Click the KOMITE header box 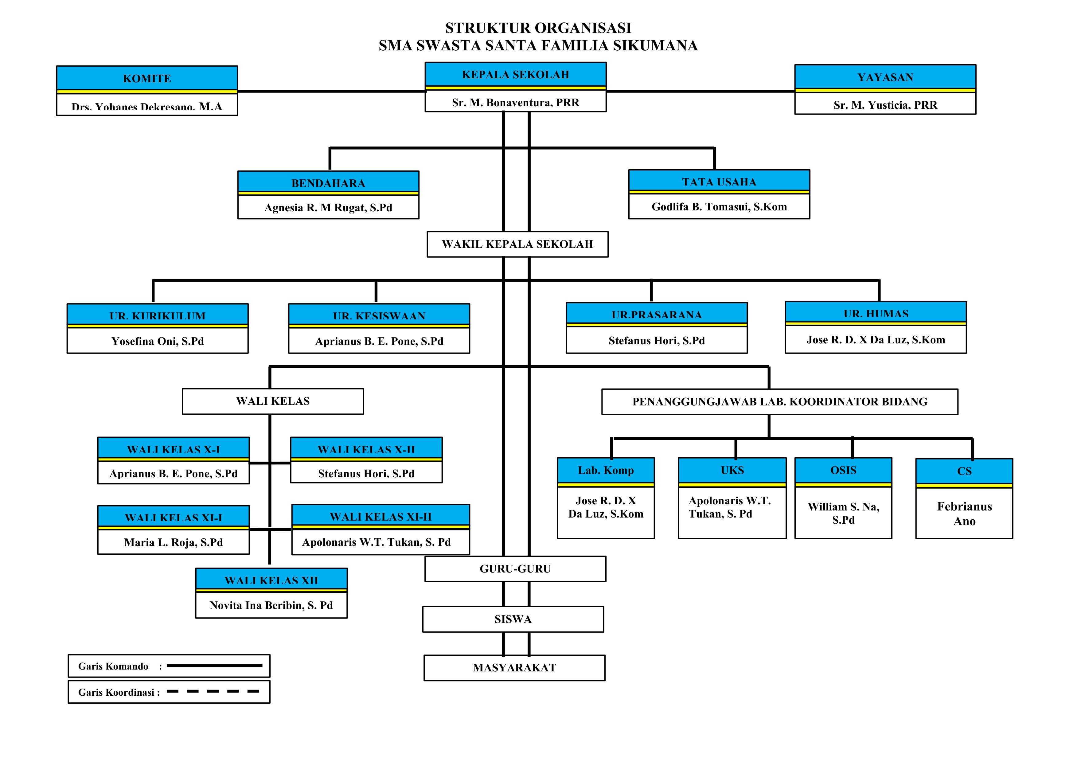coord(147,78)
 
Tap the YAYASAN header coord(885,77)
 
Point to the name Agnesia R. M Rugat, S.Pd coord(328,207)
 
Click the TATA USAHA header coord(719,182)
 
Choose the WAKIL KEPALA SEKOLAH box coord(517,244)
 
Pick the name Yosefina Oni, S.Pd coord(158,341)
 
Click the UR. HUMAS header coord(875,313)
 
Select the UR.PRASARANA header coord(656,315)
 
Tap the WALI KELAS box coord(272,401)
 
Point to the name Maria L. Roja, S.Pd coord(173,542)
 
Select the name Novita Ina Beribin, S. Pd coord(271,605)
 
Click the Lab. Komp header coord(606,470)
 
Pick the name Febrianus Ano coord(964,514)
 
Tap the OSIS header coord(843,470)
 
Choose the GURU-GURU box coord(515,569)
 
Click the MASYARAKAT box coord(514,668)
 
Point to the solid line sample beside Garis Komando coord(214,665)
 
